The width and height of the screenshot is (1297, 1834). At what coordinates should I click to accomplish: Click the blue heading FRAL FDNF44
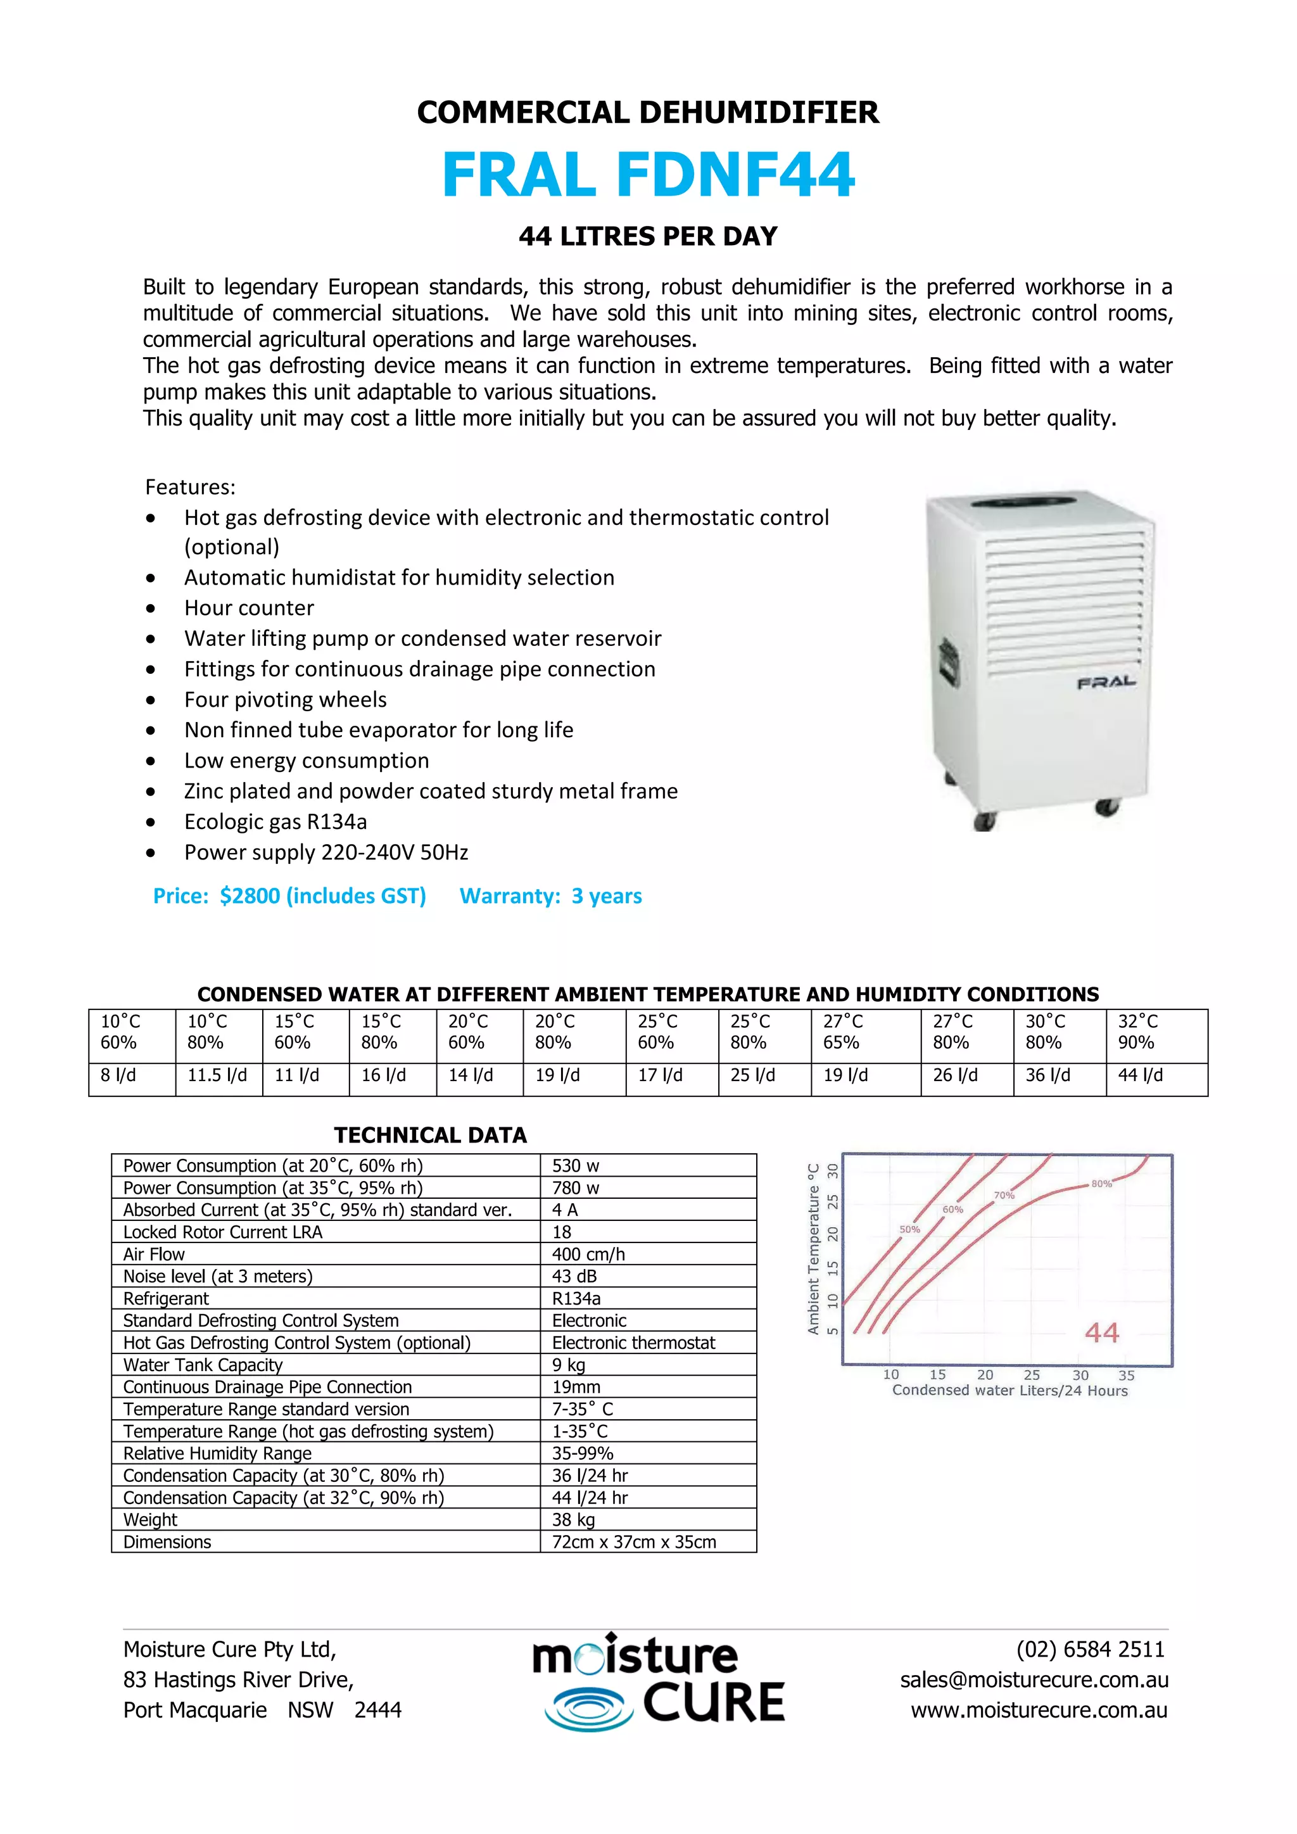[x=648, y=175]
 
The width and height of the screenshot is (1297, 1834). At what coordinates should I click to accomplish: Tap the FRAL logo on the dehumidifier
[x=1106, y=682]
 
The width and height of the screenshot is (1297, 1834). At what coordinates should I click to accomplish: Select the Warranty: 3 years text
[x=550, y=895]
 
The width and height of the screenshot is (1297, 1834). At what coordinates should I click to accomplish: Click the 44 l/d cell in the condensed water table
[x=1141, y=1075]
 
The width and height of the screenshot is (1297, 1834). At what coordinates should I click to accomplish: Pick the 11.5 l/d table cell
[x=217, y=1075]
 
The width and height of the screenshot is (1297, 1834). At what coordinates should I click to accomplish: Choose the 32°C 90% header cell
[x=1138, y=1032]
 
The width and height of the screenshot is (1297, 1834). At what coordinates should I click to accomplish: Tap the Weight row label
[x=150, y=1520]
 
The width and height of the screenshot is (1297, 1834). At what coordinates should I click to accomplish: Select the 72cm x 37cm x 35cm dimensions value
[x=634, y=1543]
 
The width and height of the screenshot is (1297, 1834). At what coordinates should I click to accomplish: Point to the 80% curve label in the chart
[x=1101, y=1184]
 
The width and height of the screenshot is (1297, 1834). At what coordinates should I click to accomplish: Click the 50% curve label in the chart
[x=909, y=1229]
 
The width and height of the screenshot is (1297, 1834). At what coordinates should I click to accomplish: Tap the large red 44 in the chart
[x=1101, y=1332]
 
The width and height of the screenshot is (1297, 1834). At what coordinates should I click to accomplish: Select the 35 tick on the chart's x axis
[x=1126, y=1375]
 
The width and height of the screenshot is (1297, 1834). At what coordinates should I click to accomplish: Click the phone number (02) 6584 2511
[x=1090, y=1650]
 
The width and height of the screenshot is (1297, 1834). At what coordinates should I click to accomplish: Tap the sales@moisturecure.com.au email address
[x=1034, y=1680]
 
